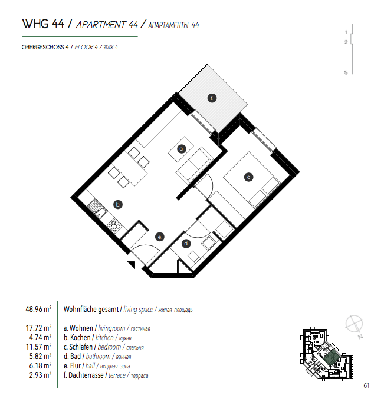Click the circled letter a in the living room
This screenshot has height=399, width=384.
pos(182,148)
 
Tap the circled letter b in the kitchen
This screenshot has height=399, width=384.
pos(118,205)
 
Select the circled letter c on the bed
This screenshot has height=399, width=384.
pos(249,176)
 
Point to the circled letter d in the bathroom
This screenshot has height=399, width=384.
pos(186,243)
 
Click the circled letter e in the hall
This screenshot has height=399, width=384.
pos(159,237)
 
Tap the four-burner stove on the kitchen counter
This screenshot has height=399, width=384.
pos(114,224)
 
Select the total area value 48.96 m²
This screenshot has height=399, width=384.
pos(38,308)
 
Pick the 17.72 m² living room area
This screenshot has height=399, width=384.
pos(38,328)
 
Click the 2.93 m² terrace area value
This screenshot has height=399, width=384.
pos(40,375)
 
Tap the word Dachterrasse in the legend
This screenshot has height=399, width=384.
pos(87,375)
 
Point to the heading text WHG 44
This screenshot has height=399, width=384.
pos(42,25)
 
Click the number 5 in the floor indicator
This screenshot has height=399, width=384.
pos(346,72)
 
